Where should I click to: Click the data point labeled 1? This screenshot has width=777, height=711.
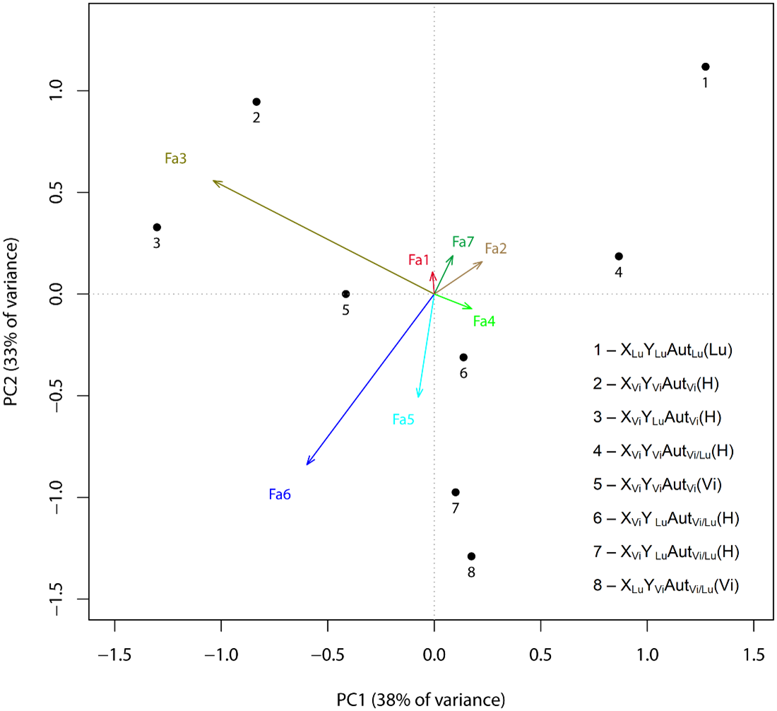[x=705, y=66]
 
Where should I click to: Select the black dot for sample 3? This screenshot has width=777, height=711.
[x=157, y=227]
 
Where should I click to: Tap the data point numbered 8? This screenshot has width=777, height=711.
[x=471, y=556]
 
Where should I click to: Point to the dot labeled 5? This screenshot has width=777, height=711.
[x=345, y=294]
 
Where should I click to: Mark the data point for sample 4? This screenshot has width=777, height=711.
[x=619, y=256]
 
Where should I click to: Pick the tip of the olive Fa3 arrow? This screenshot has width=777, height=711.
[x=214, y=181]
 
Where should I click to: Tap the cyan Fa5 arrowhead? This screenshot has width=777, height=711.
[x=419, y=396]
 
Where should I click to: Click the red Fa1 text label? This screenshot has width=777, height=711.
[x=419, y=259]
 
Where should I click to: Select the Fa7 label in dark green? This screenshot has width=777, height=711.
[x=463, y=242]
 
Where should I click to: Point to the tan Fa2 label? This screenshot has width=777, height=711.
[x=496, y=248]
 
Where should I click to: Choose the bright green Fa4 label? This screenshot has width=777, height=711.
[x=484, y=321]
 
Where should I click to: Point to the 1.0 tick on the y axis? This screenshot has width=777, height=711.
[x=62, y=90]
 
